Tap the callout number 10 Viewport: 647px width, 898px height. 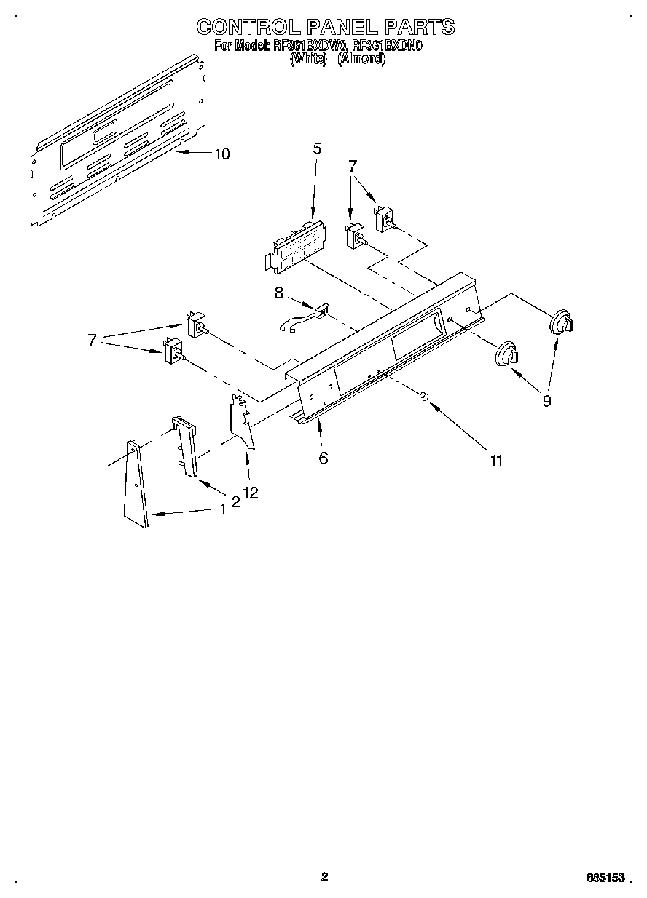[x=221, y=154]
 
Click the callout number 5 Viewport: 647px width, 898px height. [x=316, y=148]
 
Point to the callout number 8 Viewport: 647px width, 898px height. [x=278, y=293]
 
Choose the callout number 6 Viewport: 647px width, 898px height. [x=323, y=458]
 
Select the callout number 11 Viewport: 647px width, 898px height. [x=496, y=460]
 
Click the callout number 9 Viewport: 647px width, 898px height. [x=546, y=400]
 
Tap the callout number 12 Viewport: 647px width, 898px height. [x=251, y=493]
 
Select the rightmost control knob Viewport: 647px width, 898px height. [x=560, y=322]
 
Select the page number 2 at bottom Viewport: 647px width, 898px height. [x=324, y=876]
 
